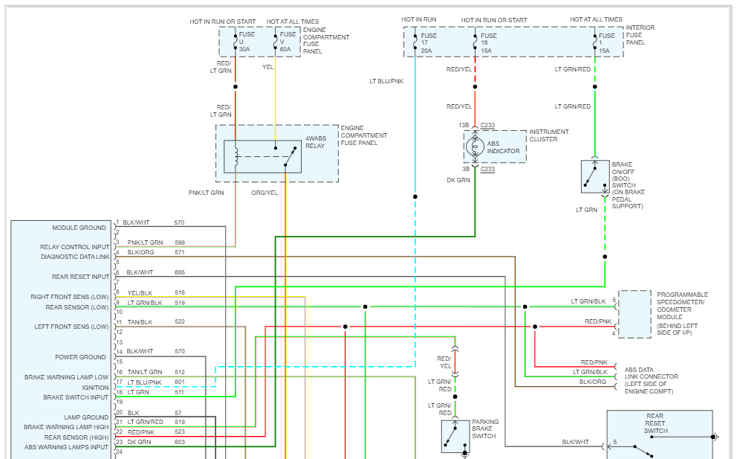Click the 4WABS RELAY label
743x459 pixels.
(x=315, y=142)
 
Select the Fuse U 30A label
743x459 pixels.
(x=244, y=41)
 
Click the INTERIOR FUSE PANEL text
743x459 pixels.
(x=640, y=35)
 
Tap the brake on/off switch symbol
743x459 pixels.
(x=595, y=176)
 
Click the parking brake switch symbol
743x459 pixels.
(x=455, y=436)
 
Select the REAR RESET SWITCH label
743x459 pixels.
(x=655, y=423)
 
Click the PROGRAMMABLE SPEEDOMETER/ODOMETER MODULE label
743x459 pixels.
(x=682, y=313)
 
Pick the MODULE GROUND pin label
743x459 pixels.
(x=79, y=228)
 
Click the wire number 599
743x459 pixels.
(x=179, y=243)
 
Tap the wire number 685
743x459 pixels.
(x=179, y=272)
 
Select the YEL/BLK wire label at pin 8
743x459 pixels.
(x=140, y=292)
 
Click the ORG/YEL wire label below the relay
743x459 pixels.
(x=264, y=193)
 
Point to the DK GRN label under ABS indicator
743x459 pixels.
(x=458, y=180)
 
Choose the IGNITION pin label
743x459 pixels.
(x=95, y=388)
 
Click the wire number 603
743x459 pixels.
(x=179, y=442)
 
